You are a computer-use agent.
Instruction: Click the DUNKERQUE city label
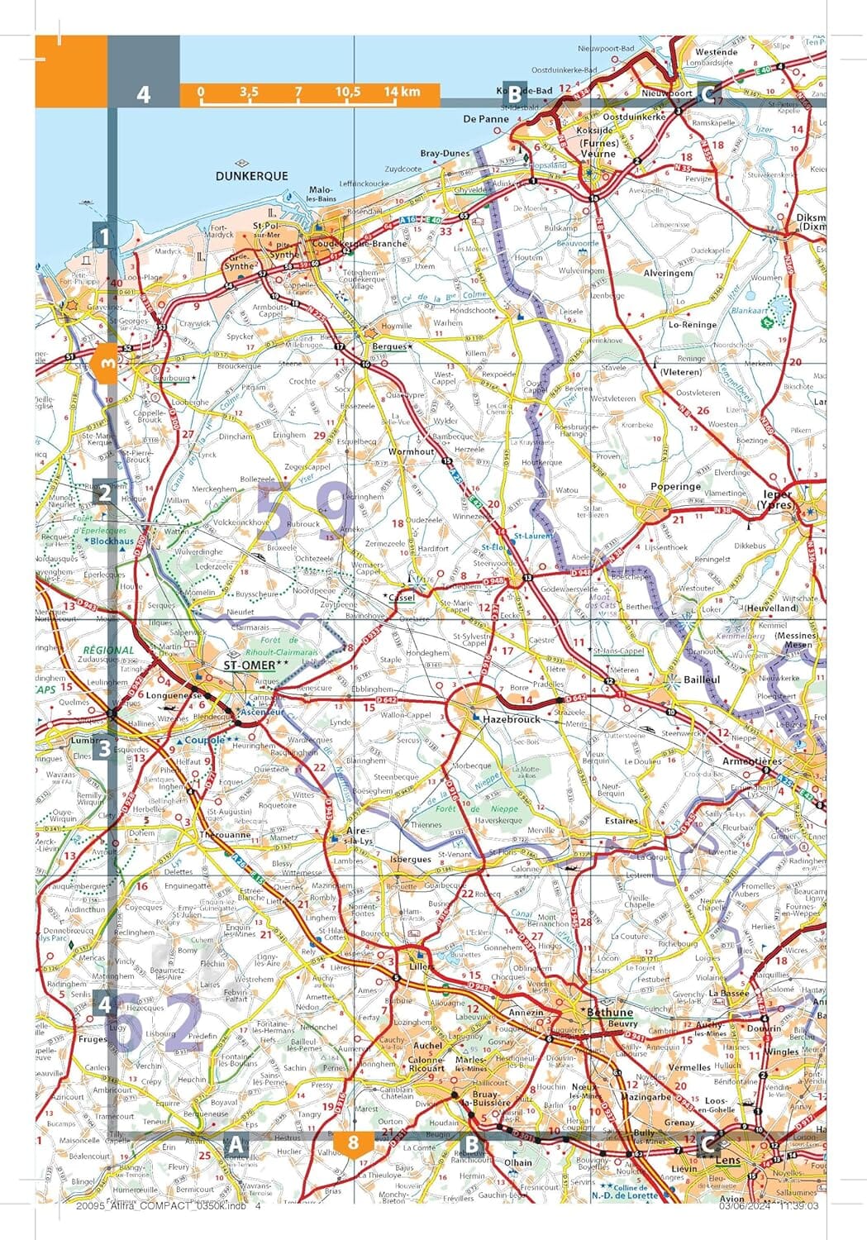coord(251,176)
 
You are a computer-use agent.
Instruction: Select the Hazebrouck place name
coord(511,719)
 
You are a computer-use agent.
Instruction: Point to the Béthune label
coord(608,1012)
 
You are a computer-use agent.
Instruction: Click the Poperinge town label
coord(676,487)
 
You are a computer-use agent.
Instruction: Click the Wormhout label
coord(411,452)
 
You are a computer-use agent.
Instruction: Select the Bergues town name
coord(389,346)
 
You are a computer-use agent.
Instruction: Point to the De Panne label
coord(486,119)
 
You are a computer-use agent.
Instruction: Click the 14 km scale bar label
coord(402,92)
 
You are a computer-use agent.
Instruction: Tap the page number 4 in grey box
coord(144,93)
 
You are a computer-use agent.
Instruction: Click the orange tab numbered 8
coord(354,1143)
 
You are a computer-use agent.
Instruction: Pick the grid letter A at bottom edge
coord(236,1145)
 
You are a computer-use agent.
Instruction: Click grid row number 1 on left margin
coord(103,238)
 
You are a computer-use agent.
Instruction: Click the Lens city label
coord(727,1160)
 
